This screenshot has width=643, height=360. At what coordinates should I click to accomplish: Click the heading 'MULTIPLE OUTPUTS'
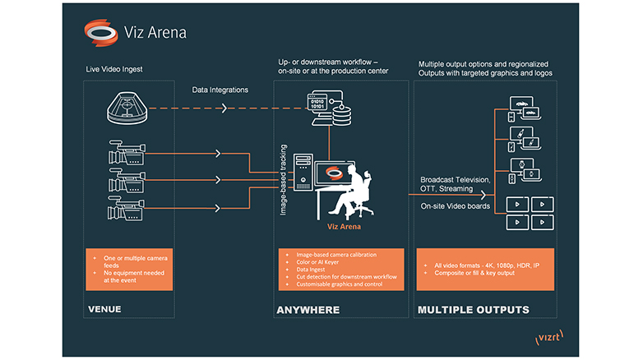(473, 310)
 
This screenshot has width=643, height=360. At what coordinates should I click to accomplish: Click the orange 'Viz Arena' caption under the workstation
(340, 224)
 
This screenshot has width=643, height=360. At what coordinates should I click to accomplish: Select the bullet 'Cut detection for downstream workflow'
(341, 276)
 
